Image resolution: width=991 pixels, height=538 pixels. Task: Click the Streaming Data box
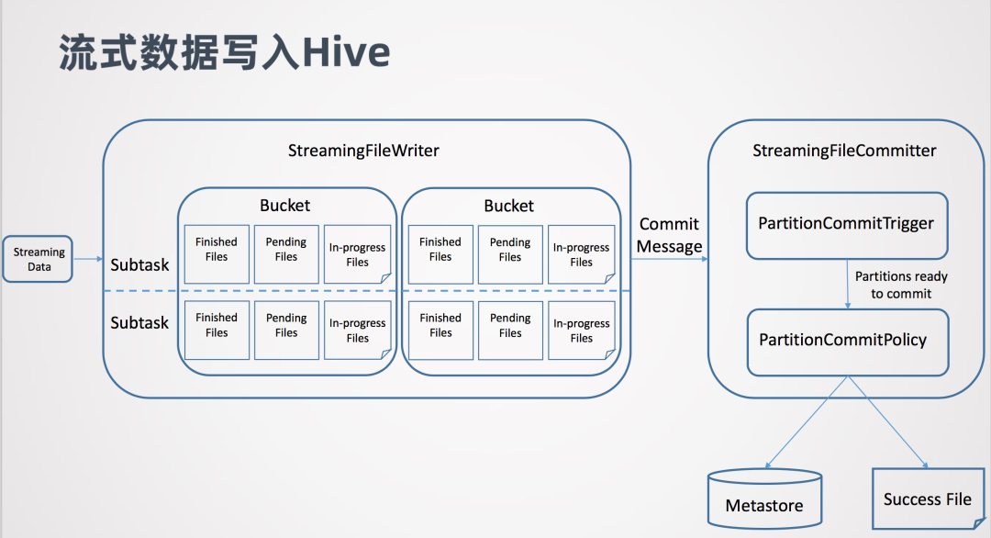coord(39,259)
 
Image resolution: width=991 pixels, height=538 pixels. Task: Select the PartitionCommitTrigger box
coord(846,223)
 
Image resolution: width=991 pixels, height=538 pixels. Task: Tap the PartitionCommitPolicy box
coord(846,341)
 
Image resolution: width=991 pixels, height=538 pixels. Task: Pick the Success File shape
coord(927,499)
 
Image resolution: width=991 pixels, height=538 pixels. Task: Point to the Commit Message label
coord(669,235)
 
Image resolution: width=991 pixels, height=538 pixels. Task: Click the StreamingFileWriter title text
coord(363,151)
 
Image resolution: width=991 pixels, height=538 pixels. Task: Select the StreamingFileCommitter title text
coord(844,151)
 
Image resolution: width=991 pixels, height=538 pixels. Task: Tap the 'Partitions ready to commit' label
coord(901,285)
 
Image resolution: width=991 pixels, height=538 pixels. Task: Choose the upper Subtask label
coord(139,265)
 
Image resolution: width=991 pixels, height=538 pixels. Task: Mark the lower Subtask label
coord(139,323)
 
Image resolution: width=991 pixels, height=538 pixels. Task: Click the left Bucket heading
coord(284,206)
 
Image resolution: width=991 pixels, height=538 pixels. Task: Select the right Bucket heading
coord(508,206)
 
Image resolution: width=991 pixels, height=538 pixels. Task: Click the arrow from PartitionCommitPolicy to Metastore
coord(798,422)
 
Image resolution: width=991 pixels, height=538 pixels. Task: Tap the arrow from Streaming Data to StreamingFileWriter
coord(87,259)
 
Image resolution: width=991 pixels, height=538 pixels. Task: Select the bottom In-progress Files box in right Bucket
coord(581,331)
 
